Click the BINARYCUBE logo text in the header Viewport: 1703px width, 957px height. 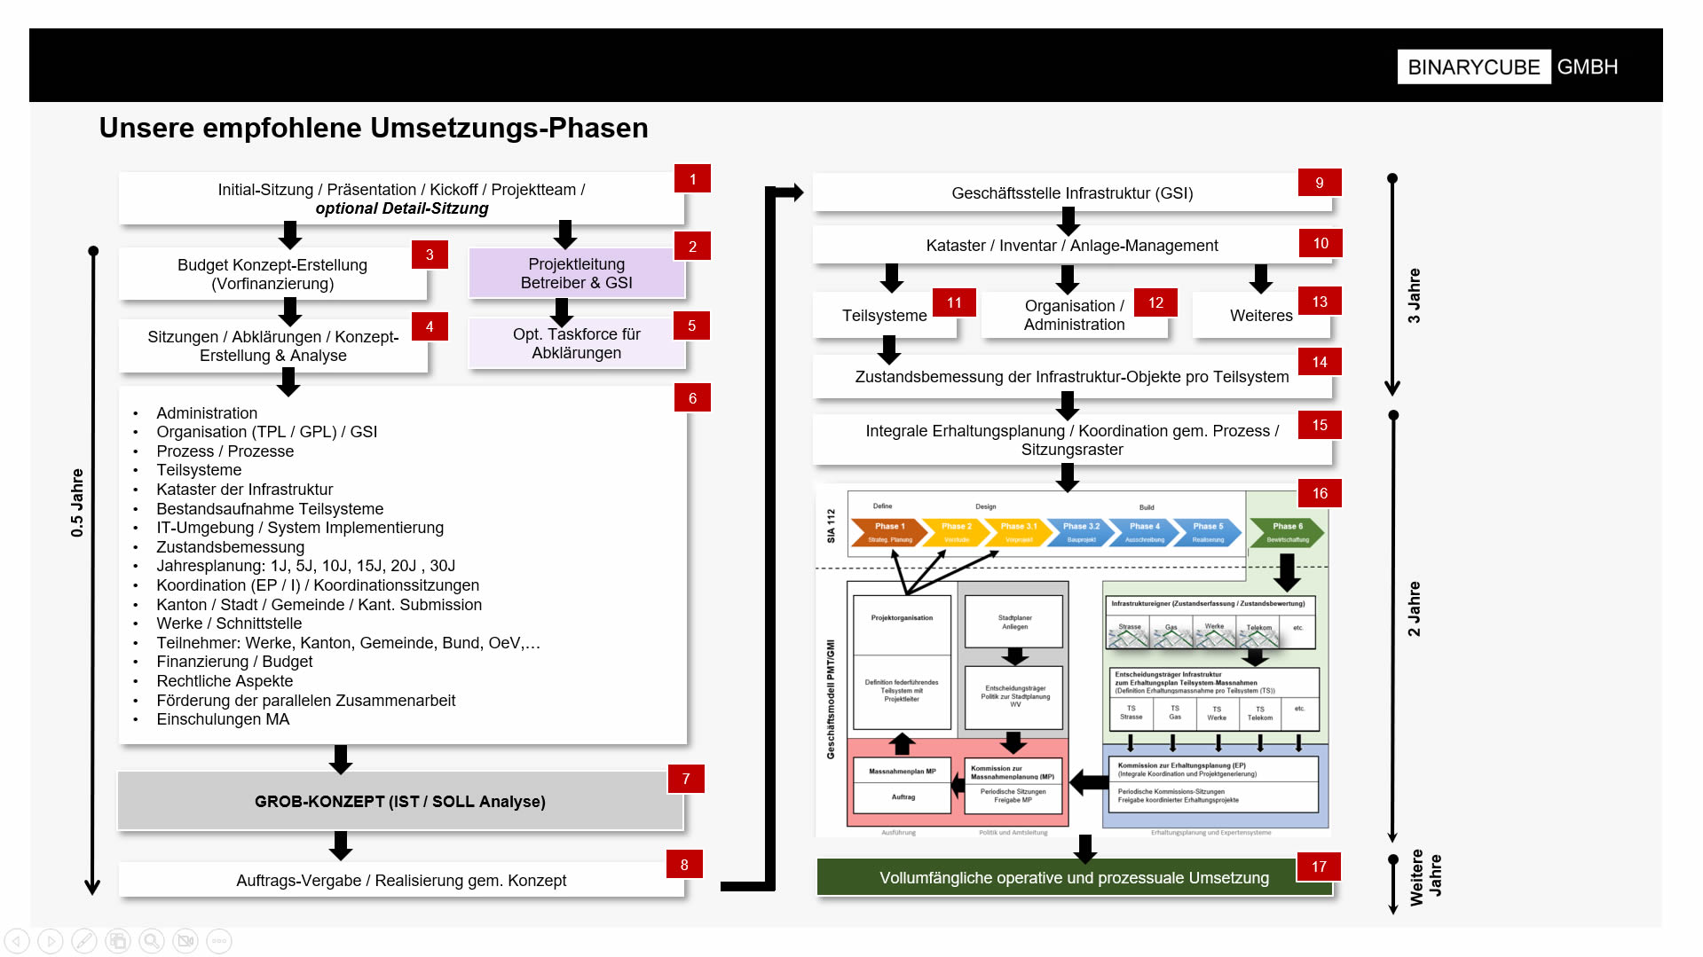pyautogui.click(x=1473, y=67)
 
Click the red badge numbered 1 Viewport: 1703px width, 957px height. pyautogui.click(x=692, y=179)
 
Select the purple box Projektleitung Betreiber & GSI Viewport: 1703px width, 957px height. pyautogui.click(x=576, y=273)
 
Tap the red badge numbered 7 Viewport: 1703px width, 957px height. pyautogui.click(x=686, y=779)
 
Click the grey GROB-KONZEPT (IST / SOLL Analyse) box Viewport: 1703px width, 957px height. pyautogui.click(x=400, y=802)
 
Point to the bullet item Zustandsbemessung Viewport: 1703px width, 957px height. pyautogui.click(x=230, y=547)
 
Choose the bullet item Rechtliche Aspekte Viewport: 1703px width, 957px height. pyautogui.click(x=225, y=681)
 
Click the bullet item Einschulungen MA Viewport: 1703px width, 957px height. pyautogui.click(x=223, y=719)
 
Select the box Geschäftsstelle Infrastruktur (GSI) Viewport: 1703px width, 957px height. pyautogui.click(x=1071, y=193)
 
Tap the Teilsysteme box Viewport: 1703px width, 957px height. pyautogui.click(x=884, y=316)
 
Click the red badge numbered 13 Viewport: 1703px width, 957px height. pyautogui.click(x=1320, y=302)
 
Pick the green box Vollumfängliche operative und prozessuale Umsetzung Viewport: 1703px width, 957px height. pyautogui.click(x=1073, y=878)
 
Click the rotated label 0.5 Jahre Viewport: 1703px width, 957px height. pyautogui.click(x=77, y=503)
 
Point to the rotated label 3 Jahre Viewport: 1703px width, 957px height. pyautogui.click(x=1414, y=295)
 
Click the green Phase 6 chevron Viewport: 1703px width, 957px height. pyautogui.click(x=1287, y=532)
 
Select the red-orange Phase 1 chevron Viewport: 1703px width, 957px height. pyautogui.click(x=889, y=532)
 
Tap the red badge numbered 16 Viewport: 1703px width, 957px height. pyautogui.click(x=1320, y=493)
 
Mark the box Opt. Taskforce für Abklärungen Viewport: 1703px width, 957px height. pyautogui.click(x=576, y=343)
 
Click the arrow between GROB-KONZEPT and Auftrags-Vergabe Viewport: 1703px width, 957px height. pyautogui.click(x=341, y=845)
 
